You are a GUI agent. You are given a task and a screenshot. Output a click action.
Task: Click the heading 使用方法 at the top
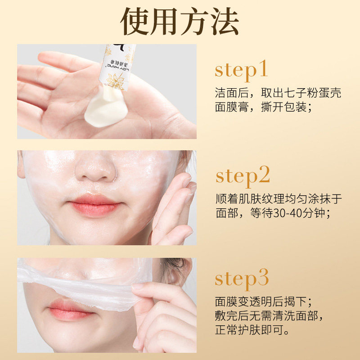(x=180, y=22)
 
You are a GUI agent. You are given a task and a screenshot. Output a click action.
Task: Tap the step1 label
(x=241, y=70)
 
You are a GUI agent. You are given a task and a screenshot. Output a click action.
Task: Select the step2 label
(x=243, y=176)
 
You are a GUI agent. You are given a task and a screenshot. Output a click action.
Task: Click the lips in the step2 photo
(x=94, y=205)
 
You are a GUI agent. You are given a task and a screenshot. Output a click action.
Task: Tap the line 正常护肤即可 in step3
(x=252, y=331)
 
